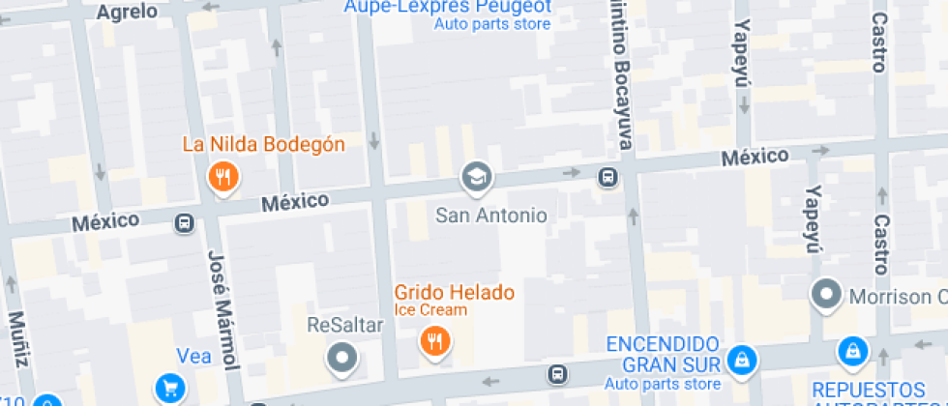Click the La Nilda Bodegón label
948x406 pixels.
(264, 145)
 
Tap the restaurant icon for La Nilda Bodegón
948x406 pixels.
(223, 176)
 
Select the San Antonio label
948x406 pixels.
(491, 215)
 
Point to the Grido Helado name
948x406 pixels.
(454, 292)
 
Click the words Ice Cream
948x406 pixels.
(430, 310)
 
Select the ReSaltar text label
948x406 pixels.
(344, 324)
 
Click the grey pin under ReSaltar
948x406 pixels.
(342, 359)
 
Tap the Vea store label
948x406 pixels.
(193, 356)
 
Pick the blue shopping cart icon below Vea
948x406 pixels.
(170, 388)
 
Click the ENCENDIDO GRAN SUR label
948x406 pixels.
(663, 354)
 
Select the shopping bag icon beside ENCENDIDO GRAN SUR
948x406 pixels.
(742, 361)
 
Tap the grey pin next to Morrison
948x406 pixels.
(827, 295)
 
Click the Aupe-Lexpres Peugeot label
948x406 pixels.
(448, 8)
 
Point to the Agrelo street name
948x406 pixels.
(128, 12)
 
